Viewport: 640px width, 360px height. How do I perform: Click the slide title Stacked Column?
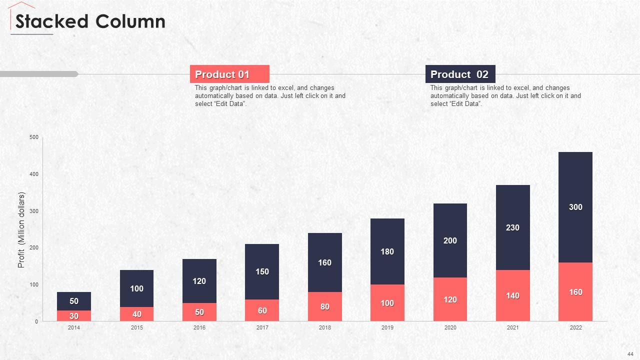tap(90, 21)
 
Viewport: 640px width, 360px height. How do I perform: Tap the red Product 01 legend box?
tap(229, 74)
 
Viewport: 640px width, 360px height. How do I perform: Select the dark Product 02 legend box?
tap(460, 74)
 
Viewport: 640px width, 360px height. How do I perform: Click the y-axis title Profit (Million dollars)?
tap(21, 229)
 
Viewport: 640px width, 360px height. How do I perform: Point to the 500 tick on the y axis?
tap(34, 137)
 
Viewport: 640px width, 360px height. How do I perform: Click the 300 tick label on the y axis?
tap(34, 211)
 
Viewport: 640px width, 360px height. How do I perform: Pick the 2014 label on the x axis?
tap(74, 327)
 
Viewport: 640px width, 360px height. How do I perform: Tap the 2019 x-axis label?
tap(387, 327)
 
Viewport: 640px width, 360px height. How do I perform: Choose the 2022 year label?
tap(575, 327)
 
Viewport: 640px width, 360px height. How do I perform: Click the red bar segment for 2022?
tap(575, 291)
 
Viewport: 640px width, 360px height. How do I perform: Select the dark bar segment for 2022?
tap(575, 207)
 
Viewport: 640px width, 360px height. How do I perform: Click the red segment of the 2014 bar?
tap(74, 315)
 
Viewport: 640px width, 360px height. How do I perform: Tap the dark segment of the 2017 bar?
tap(262, 271)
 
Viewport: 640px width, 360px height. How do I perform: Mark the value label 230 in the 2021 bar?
tap(512, 227)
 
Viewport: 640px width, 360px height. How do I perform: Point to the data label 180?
tap(387, 251)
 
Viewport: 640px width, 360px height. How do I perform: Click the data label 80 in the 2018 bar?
tap(325, 306)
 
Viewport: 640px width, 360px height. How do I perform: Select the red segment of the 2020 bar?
tap(450, 299)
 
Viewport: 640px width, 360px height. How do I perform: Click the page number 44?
tap(630, 354)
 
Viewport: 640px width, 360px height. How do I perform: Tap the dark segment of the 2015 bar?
tap(136, 288)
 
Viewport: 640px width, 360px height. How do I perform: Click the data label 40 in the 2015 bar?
tap(137, 314)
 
